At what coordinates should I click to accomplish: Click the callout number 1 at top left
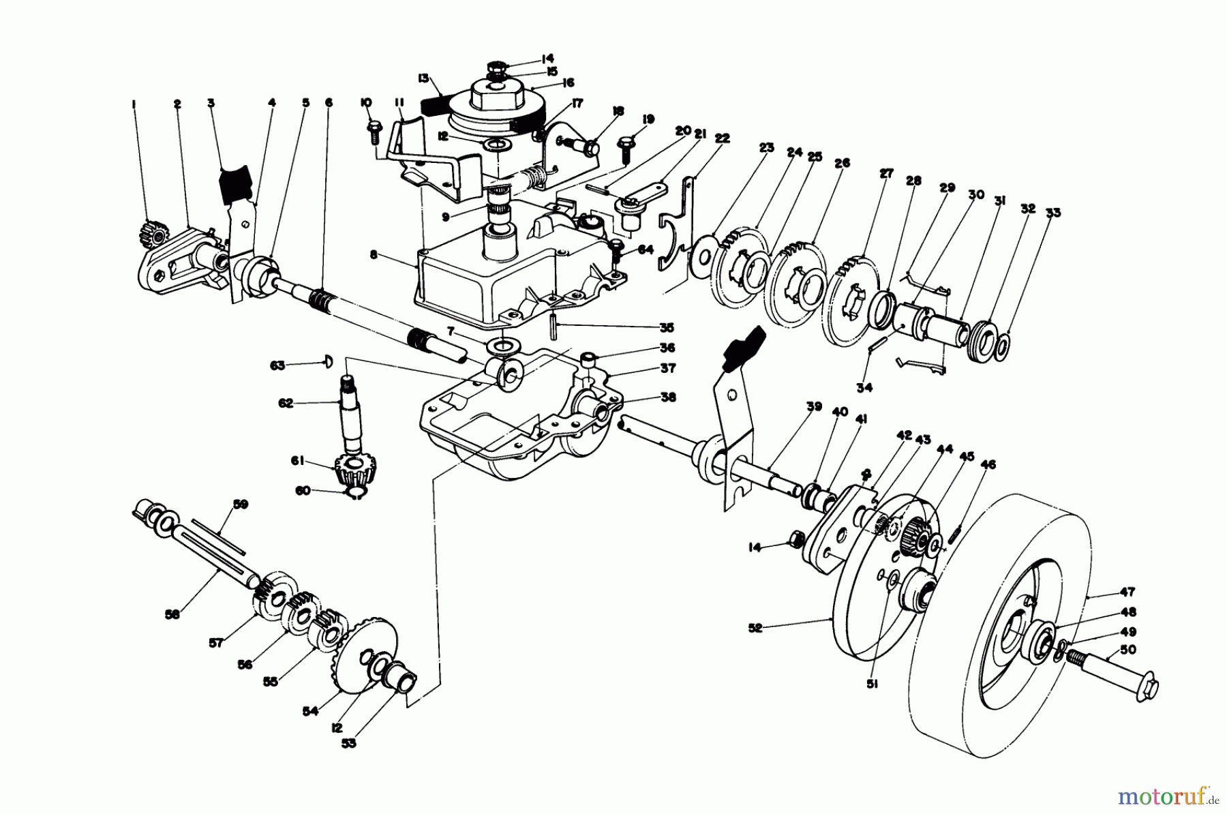[134, 104]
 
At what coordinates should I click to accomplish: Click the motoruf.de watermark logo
[1169, 796]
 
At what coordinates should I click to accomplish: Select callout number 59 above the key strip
[240, 504]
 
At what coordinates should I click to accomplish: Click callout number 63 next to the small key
[277, 365]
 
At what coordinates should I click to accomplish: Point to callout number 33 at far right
[1054, 213]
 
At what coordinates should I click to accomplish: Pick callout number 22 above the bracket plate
[723, 138]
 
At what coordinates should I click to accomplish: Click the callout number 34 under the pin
[865, 388]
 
